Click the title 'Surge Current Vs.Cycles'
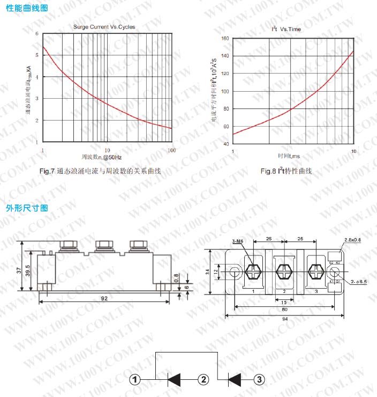104,27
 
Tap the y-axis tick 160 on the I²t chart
225,39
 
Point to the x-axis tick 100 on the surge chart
171,150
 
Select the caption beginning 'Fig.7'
100,171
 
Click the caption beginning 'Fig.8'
286,171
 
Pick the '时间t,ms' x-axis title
289,156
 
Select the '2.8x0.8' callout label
353,240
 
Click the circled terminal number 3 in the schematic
259,380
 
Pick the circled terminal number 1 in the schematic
137,380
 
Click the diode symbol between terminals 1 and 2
175,380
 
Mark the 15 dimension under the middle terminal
283,301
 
